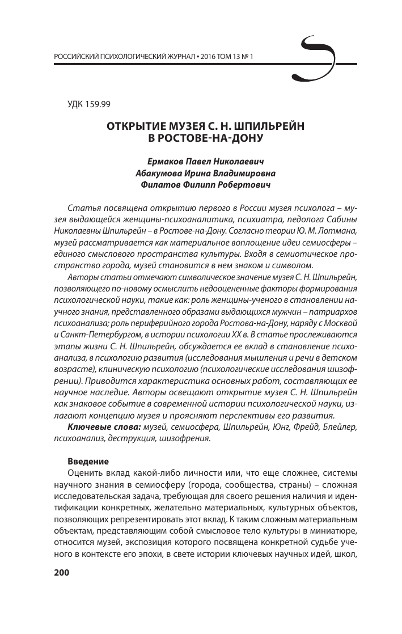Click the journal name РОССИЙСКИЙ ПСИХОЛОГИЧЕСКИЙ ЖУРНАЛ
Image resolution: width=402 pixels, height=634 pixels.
tap(123, 58)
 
